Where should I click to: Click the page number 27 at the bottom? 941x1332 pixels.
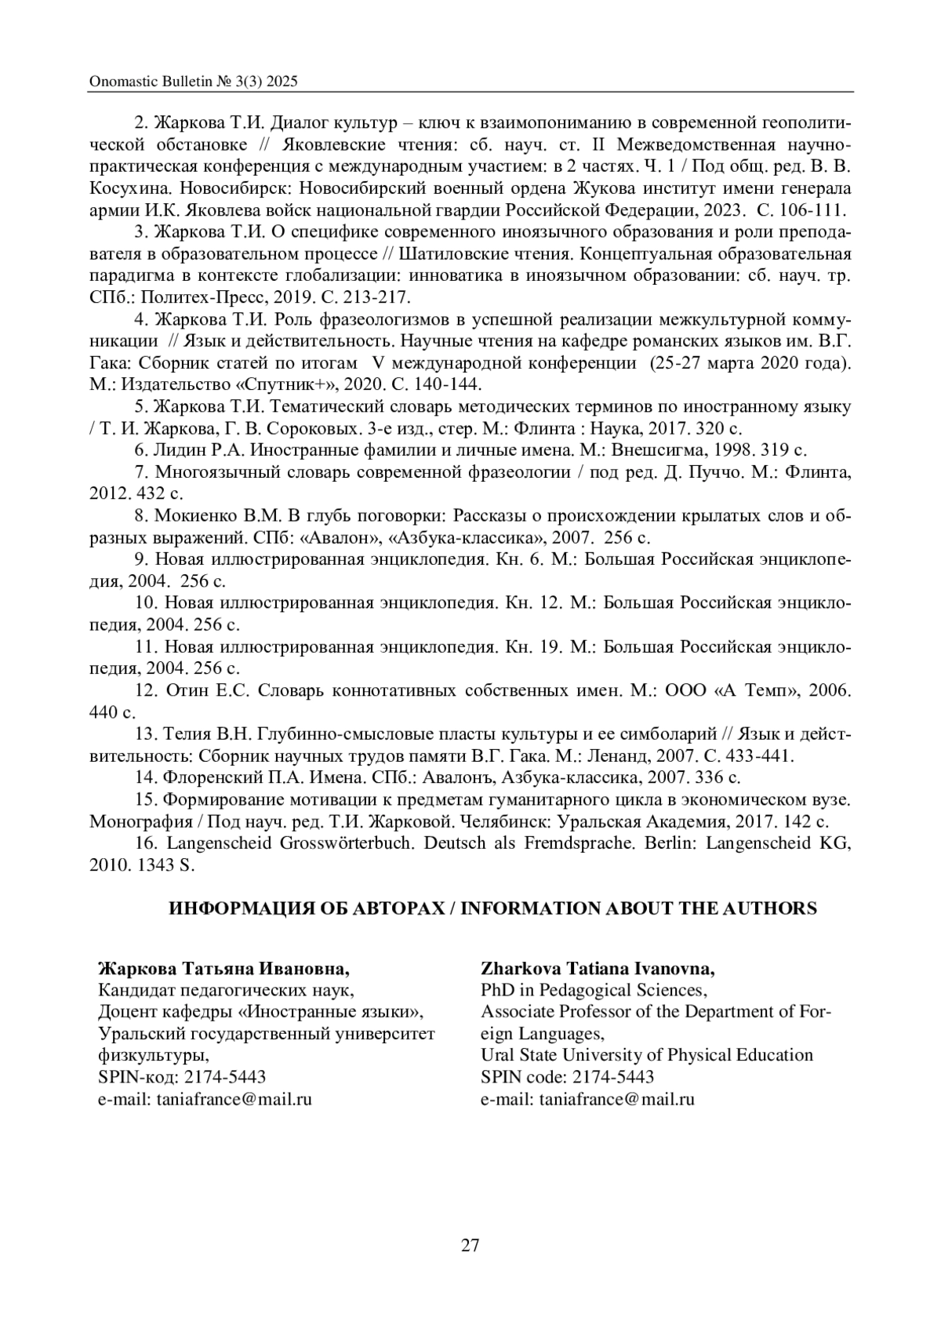(470, 1246)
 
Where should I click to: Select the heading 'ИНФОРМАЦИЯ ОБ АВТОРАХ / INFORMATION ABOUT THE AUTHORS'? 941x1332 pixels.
(493, 908)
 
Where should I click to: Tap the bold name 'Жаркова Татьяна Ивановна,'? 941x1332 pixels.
(223, 967)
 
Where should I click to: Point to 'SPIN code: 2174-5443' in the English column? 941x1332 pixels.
(568, 1077)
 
